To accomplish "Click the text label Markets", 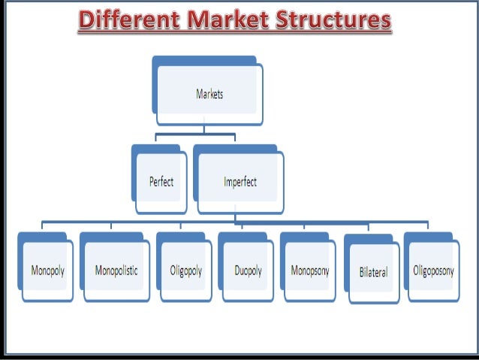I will [x=210, y=95].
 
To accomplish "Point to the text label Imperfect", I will [x=241, y=182].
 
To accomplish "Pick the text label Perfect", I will [x=160, y=182].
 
